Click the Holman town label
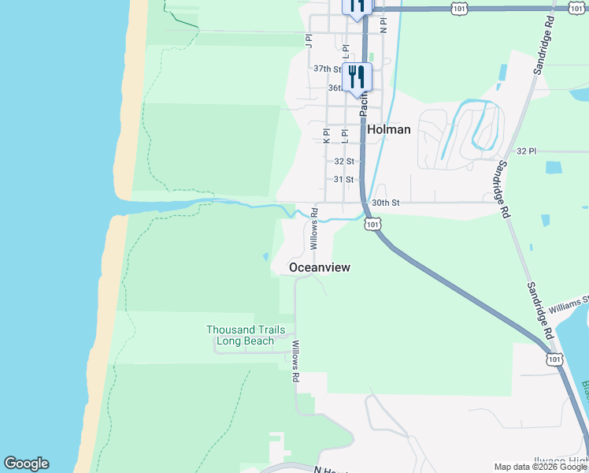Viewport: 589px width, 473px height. (388, 129)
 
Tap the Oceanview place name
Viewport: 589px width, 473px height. (320, 267)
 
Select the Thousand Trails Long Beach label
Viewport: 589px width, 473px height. (245, 336)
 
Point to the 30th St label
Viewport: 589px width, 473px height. (386, 203)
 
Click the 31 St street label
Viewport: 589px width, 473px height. (343, 180)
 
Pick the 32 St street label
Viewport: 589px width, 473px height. (343, 161)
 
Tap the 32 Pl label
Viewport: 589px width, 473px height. (526, 151)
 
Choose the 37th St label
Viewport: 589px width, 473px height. (327, 69)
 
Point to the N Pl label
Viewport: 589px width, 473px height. (383, 24)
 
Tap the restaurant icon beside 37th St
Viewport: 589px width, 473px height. (357, 79)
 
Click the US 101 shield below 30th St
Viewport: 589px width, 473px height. (372, 224)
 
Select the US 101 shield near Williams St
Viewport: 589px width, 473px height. (555, 359)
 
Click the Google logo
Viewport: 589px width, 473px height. (26, 464)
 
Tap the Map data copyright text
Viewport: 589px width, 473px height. (541, 467)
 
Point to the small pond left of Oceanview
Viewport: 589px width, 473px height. (266, 256)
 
